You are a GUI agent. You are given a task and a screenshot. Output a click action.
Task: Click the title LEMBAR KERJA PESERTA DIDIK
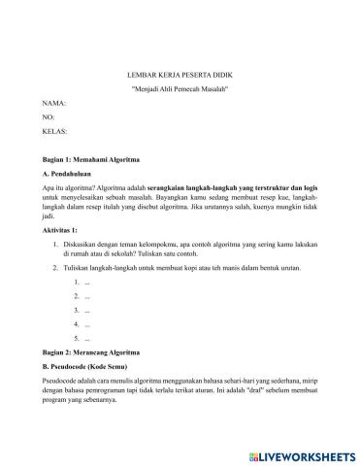pyautogui.click(x=179, y=73)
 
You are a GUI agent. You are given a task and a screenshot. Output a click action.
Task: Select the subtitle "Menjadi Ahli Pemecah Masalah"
pyautogui.click(x=179, y=87)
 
